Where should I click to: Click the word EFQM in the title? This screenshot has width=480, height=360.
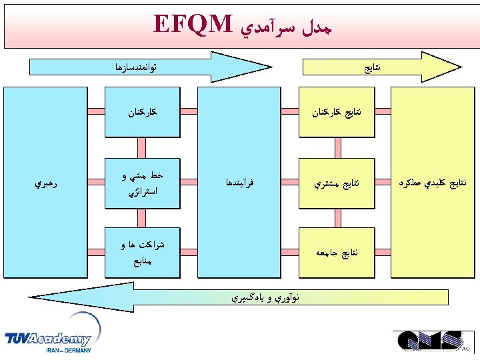[193, 24]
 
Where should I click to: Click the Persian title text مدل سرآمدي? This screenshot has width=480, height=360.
[285, 25]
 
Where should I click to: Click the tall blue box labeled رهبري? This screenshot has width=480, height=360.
[46, 182]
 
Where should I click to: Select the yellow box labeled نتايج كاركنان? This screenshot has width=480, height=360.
[337, 113]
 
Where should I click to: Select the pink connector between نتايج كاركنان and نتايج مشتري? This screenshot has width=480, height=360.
[337, 147]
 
